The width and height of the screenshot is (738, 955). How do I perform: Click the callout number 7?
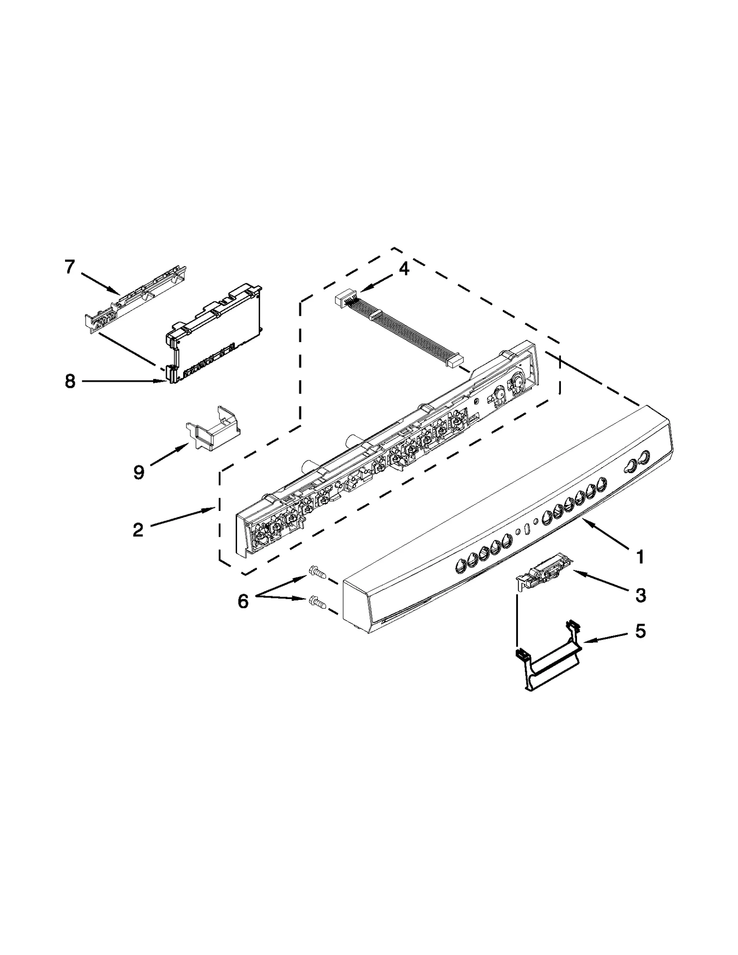point(69,267)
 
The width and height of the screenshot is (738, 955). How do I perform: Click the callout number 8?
point(70,381)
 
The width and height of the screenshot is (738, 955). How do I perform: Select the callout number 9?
point(138,472)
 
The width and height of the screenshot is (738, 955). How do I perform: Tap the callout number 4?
point(404,269)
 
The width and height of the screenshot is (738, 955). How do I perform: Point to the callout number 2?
point(137,530)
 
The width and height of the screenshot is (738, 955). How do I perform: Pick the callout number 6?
point(243,601)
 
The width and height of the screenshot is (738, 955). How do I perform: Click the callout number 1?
point(640,557)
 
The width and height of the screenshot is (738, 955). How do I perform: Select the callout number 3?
point(640,595)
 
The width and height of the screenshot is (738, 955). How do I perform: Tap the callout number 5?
point(640,631)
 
